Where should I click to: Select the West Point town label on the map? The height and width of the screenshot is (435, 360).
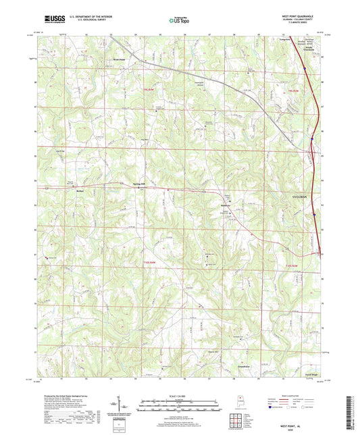tap(119, 59)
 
